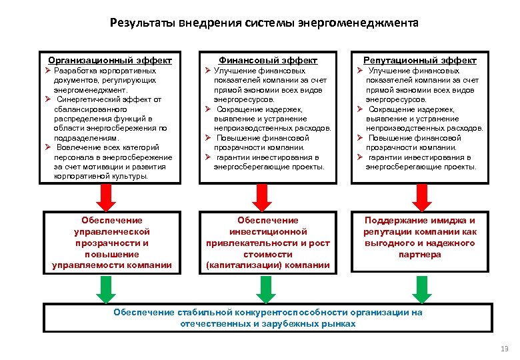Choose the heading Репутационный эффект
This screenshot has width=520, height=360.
pos(420,60)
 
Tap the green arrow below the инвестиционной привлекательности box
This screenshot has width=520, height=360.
pos(265,288)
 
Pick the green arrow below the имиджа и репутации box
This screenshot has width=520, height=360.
pos(421,288)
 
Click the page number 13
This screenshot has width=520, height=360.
pos(503,348)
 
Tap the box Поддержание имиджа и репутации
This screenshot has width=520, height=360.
pos(421,237)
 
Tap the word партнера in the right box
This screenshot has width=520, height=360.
pos(421,255)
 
